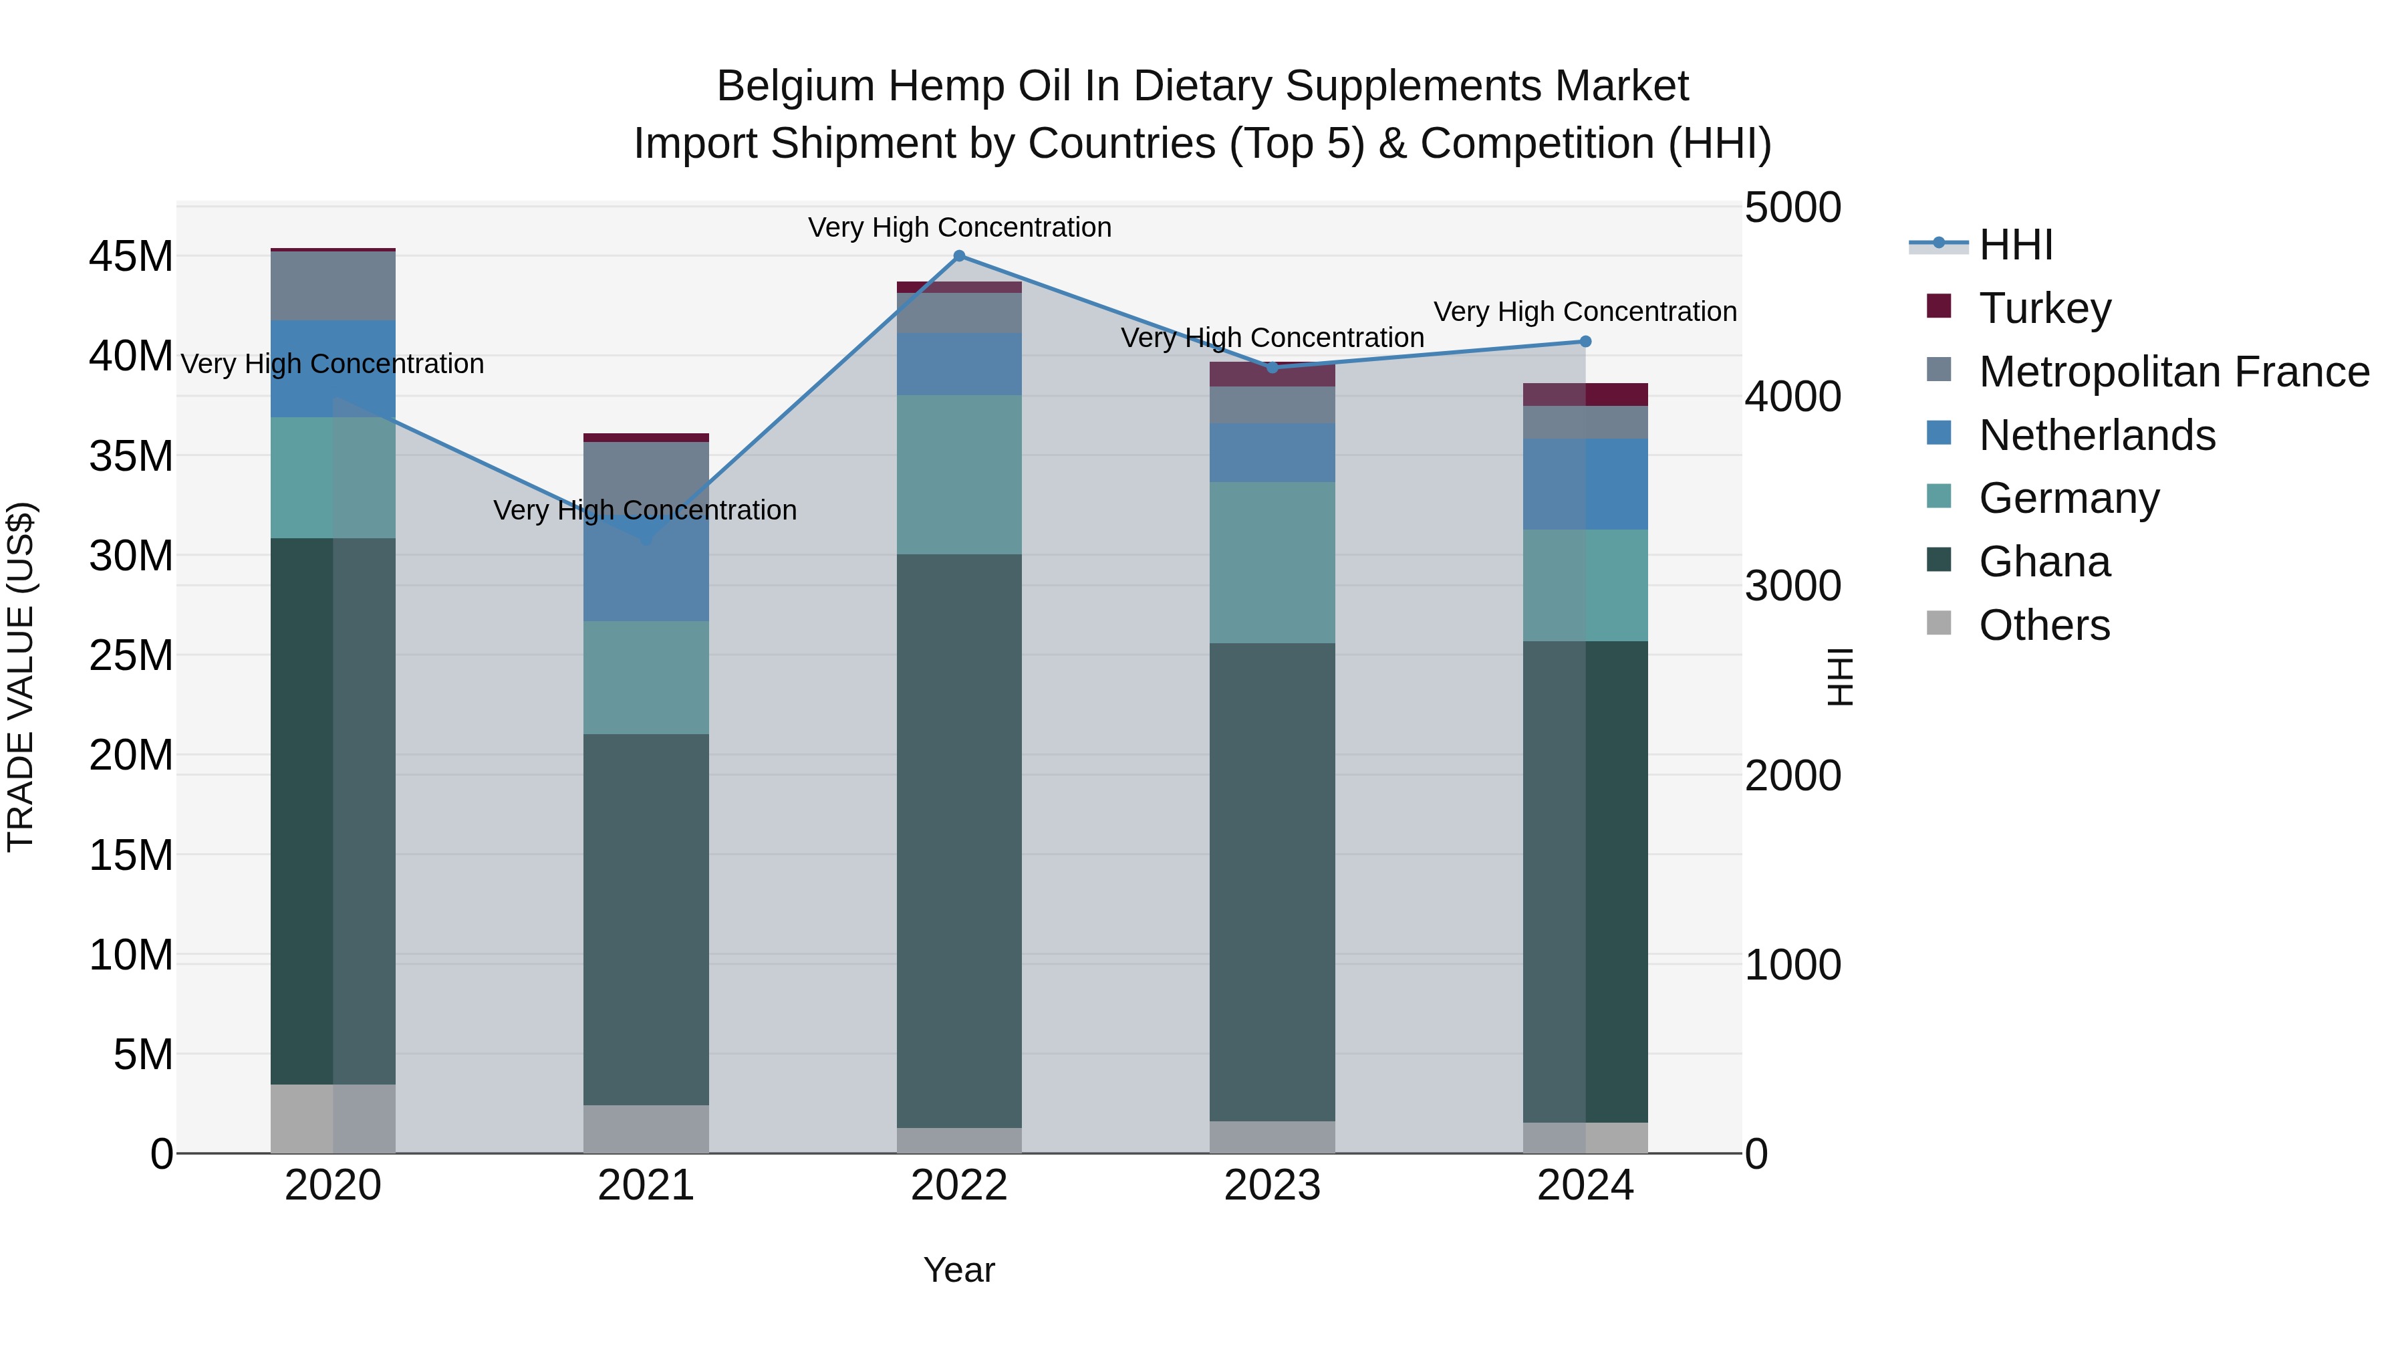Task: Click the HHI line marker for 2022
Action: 958,256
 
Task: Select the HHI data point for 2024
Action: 1585,342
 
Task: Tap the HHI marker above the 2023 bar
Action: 1272,367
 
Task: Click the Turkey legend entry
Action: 2044,308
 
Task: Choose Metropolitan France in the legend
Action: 2173,371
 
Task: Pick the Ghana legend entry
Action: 2044,562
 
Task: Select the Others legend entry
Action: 2044,625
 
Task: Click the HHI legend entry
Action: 2016,245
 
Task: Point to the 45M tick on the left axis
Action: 131,257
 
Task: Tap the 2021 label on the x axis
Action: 646,1186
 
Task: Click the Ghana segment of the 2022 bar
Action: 958,841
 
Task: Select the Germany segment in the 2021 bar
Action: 646,677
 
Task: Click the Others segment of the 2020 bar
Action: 333,1119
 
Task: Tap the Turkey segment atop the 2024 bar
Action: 1585,394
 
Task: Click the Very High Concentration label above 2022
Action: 959,227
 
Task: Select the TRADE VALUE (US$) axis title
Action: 21,677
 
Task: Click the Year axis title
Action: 958,1270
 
